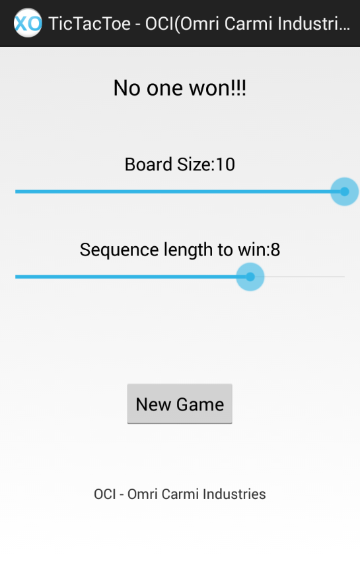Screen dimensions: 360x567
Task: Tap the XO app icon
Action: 28,23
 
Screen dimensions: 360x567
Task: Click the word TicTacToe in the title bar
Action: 89,24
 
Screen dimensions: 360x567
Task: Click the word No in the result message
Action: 127,88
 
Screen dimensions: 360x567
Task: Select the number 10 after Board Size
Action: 225,164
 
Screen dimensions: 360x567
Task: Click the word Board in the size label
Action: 149,164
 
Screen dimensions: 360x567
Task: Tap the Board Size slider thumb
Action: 344,191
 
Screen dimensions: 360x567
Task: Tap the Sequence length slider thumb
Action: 250,277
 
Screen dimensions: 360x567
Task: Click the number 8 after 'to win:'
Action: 275,250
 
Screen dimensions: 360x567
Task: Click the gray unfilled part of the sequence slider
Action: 305,277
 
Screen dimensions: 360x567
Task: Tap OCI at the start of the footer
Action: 104,494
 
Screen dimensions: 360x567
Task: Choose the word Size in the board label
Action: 194,164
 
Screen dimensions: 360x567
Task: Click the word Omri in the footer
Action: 142,494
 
